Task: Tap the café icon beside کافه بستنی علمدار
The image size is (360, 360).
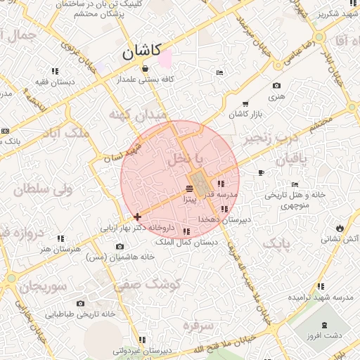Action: point(145,68)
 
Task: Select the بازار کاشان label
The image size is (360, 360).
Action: point(246,113)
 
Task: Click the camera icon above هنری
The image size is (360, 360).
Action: point(276,86)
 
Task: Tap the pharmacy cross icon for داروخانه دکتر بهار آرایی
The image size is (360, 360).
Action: point(137,217)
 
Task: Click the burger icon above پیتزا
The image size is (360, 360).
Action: point(188,189)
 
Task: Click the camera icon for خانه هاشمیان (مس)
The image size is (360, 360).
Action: point(120,246)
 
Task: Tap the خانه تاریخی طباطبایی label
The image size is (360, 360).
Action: point(80,314)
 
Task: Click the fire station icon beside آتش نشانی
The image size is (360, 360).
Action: point(341,228)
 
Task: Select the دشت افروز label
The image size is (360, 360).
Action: point(324,335)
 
